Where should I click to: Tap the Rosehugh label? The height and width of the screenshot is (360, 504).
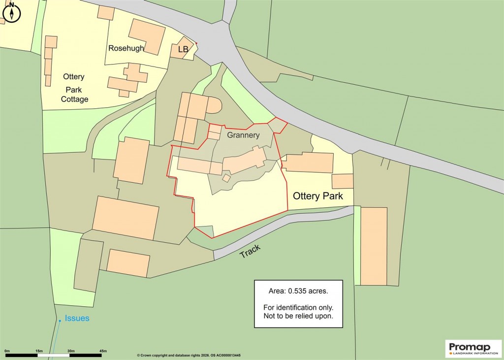pos(126,48)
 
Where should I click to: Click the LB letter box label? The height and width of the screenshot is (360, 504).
pos(183,49)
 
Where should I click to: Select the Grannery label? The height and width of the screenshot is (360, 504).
pos(243,134)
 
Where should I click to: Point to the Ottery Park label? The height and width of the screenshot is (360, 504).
pos(317,196)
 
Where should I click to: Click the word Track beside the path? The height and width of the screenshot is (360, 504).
pos(250,251)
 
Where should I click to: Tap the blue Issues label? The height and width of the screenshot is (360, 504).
pos(77,318)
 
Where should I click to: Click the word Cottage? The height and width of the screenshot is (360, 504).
pos(75,99)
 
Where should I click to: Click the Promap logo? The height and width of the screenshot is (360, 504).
pos(473,348)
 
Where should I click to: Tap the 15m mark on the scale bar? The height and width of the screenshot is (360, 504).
pos(39,350)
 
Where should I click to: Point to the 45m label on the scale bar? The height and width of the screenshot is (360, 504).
pos(103,350)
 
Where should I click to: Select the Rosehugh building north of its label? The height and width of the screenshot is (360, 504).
pos(147,37)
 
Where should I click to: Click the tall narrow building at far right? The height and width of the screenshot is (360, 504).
pos(374,246)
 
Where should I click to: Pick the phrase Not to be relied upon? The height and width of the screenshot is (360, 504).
pos(298,316)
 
